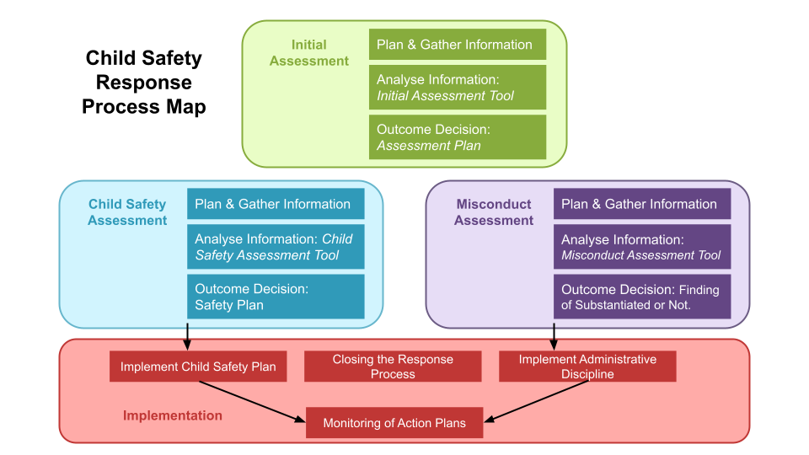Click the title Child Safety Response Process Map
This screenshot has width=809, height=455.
pyautogui.click(x=144, y=83)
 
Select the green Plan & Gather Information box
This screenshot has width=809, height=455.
pyautogui.click(x=457, y=45)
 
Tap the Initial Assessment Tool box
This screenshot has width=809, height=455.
pyautogui.click(x=457, y=88)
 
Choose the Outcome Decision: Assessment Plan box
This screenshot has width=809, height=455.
pyautogui.click(x=457, y=137)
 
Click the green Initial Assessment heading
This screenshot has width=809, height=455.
pyautogui.click(x=309, y=52)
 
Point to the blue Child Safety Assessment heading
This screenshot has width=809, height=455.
pyautogui.click(x=127, y=212)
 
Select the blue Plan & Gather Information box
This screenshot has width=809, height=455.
pyautogui.click(x=275, y=204)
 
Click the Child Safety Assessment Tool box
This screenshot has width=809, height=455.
pyautogui.click(x=275, y=247)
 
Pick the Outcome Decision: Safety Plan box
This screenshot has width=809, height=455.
pyautogui.click(x=275, y=297)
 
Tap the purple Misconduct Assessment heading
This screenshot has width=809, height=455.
pyautogui.click(x=494, y=212)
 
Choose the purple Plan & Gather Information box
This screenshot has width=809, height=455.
pyautogui.click(x=641, y=204)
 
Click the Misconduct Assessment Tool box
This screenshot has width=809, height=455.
pyautogui.click(x=641, y=247)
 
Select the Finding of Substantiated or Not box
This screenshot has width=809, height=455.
pyautogui.click(x=641, y=297)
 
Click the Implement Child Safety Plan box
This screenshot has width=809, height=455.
pyautogui.click(x=198, y=367)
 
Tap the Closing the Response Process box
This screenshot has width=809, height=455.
pyautogui.click(x=393, y=367)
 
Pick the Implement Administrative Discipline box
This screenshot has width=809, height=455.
pyautogui.click(x=587, y=367)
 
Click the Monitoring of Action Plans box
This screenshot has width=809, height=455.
pyautogui.click(x=394, y=423)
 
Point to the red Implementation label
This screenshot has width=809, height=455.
pyautogui.click(x=173, y=415)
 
